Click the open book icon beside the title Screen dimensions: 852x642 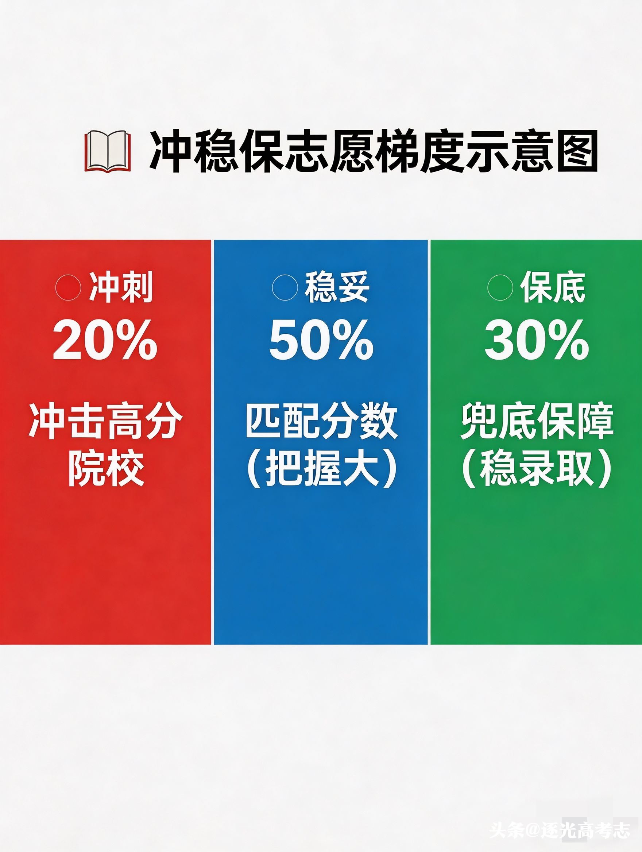coord(108,152)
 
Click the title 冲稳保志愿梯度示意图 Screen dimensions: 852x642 coord(374,152)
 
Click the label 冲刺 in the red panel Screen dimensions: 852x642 coord(121,288)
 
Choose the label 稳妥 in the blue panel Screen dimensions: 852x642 coord(337,288)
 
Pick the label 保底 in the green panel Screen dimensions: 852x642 coord(553,288)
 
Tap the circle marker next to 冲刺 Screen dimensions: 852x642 coord(69,288)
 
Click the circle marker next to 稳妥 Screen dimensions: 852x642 coord(285,288)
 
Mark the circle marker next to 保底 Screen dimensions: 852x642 coord(500,288)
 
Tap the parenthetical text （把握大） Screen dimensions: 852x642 coord(321,469)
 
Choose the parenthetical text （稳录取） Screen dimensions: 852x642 coord(537,469)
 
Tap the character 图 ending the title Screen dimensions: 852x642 coord(578,152)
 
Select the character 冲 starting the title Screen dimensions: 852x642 coord(170,152)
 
